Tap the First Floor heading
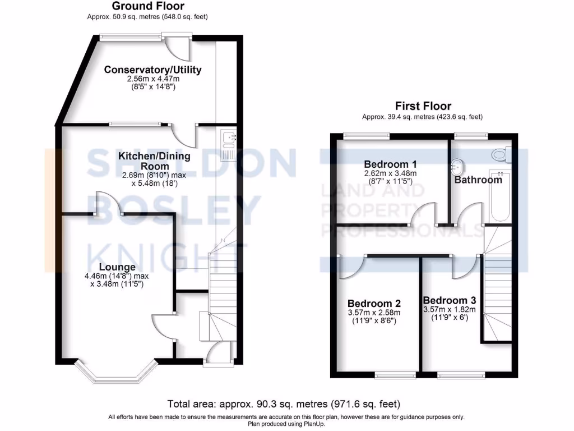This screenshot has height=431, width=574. coord(423,106)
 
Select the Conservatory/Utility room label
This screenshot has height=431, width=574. coord(152,70)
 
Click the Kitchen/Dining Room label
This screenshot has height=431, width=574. coord(154,161)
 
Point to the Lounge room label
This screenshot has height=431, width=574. coord(117,267)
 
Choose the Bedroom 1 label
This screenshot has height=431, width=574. coord(390,164)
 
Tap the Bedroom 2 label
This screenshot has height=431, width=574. coord(374,303)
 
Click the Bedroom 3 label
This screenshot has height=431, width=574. coord(450,300)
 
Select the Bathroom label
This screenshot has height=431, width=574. coord(478,180)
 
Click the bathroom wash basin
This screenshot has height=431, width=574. coord(458,167)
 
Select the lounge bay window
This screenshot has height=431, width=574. coord(115,373)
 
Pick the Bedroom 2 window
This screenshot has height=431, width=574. coord(395,374)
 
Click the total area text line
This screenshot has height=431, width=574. coord(284,404)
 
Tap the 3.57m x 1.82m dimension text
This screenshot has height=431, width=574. coord(450,309)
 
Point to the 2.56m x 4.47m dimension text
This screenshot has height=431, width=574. coord(152,80)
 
